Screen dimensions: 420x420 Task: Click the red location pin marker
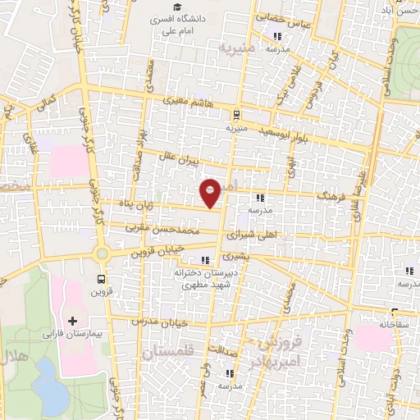click(212, 193)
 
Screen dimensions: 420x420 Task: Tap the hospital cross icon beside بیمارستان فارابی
click(71, 320)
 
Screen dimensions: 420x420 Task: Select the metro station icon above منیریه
click(236, 115)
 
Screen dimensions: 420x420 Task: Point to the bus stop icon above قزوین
click(101, 279)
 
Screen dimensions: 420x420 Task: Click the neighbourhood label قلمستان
click(170, 353)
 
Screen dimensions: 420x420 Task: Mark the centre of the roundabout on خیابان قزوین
click(103, 254)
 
